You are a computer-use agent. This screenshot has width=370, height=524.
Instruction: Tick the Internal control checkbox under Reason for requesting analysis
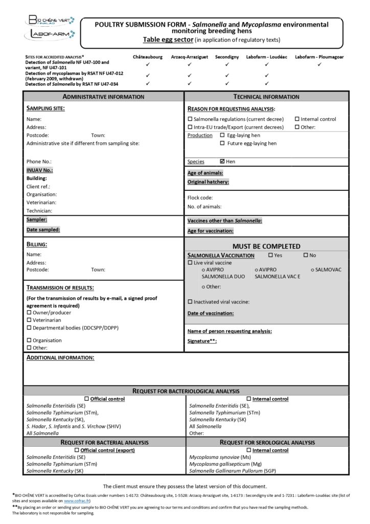pos(297,119)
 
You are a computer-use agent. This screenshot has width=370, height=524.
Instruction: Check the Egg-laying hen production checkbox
pos(222,136)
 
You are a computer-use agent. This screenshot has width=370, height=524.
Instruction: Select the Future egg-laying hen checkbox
pos(222,144)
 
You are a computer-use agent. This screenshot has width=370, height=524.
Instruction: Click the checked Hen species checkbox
pos(222,162)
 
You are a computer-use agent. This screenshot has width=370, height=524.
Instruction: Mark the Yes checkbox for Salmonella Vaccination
pos(270,255)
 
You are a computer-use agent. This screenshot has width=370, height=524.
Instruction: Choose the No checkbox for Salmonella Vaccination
pos(306,255)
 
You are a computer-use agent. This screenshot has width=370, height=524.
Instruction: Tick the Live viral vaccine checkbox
pos(190,263)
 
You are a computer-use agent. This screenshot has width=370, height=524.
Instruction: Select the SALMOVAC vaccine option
pos(312,270)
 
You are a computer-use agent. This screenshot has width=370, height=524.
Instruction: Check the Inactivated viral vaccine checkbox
pos(190,302)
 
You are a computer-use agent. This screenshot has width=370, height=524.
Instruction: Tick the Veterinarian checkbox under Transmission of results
pos(29,320)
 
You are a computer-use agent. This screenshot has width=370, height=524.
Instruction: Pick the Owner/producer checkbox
pos(29,313)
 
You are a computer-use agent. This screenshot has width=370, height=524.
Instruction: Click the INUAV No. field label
pos(39,170)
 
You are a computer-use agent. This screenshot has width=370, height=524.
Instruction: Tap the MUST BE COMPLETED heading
pos(266,246)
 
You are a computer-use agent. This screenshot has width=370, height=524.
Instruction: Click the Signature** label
pos(202,341)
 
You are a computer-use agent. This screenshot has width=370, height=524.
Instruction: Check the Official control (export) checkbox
pos(77,450)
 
